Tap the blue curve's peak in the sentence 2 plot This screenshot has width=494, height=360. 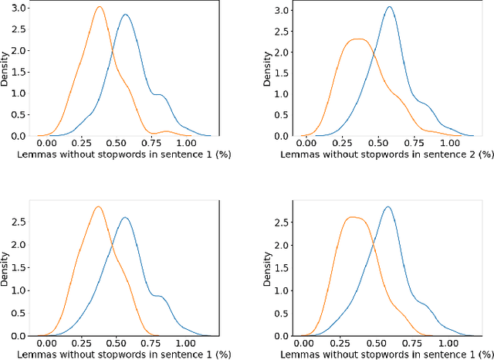point(390,8)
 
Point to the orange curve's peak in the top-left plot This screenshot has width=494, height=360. point(99,8)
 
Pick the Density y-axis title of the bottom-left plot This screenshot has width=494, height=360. point(6,267)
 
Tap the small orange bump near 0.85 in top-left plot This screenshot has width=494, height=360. point(164,131)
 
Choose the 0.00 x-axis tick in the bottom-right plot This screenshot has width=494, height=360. point(305,342)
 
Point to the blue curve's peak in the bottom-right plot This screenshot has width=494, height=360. point(388,207)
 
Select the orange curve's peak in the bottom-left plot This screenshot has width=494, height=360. point(98,207)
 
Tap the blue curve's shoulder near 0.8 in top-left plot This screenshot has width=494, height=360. point(158,95)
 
